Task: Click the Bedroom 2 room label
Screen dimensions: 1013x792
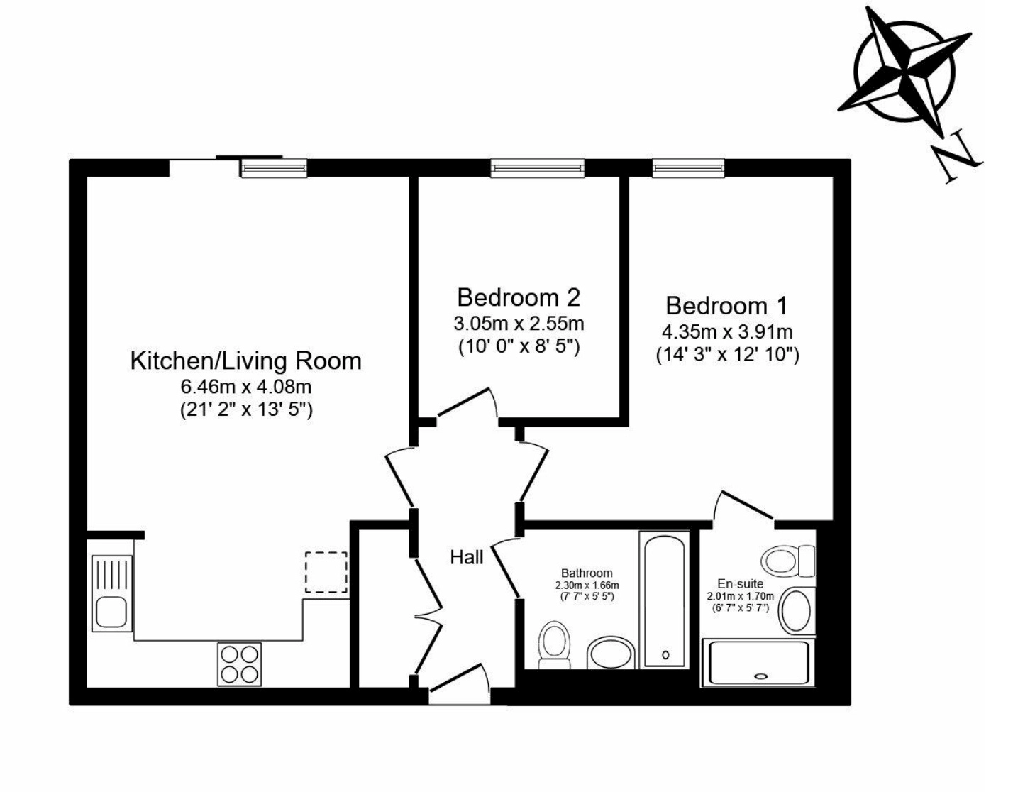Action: point(519,297)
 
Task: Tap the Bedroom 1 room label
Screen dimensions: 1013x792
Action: point(727,306)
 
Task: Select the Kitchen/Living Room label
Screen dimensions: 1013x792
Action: point(245,361)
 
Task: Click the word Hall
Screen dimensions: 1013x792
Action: point(466,557)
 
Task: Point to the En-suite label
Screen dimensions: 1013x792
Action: point(741,583)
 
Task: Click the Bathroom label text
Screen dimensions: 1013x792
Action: point(587,573)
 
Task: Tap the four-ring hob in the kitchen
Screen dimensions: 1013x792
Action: point(239,664)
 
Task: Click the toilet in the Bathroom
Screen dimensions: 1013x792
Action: point(554,645)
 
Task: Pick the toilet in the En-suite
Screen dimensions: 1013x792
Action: point(788,561)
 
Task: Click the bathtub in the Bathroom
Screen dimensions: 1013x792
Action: point(665,601)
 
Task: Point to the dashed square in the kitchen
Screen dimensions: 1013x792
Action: point(326,573)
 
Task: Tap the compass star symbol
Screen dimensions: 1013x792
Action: point(904,70)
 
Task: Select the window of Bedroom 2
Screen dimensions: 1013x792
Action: point(537,168)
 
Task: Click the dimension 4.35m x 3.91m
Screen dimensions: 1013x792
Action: point(727,332)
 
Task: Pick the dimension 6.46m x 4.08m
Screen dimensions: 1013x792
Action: point(245,387)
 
